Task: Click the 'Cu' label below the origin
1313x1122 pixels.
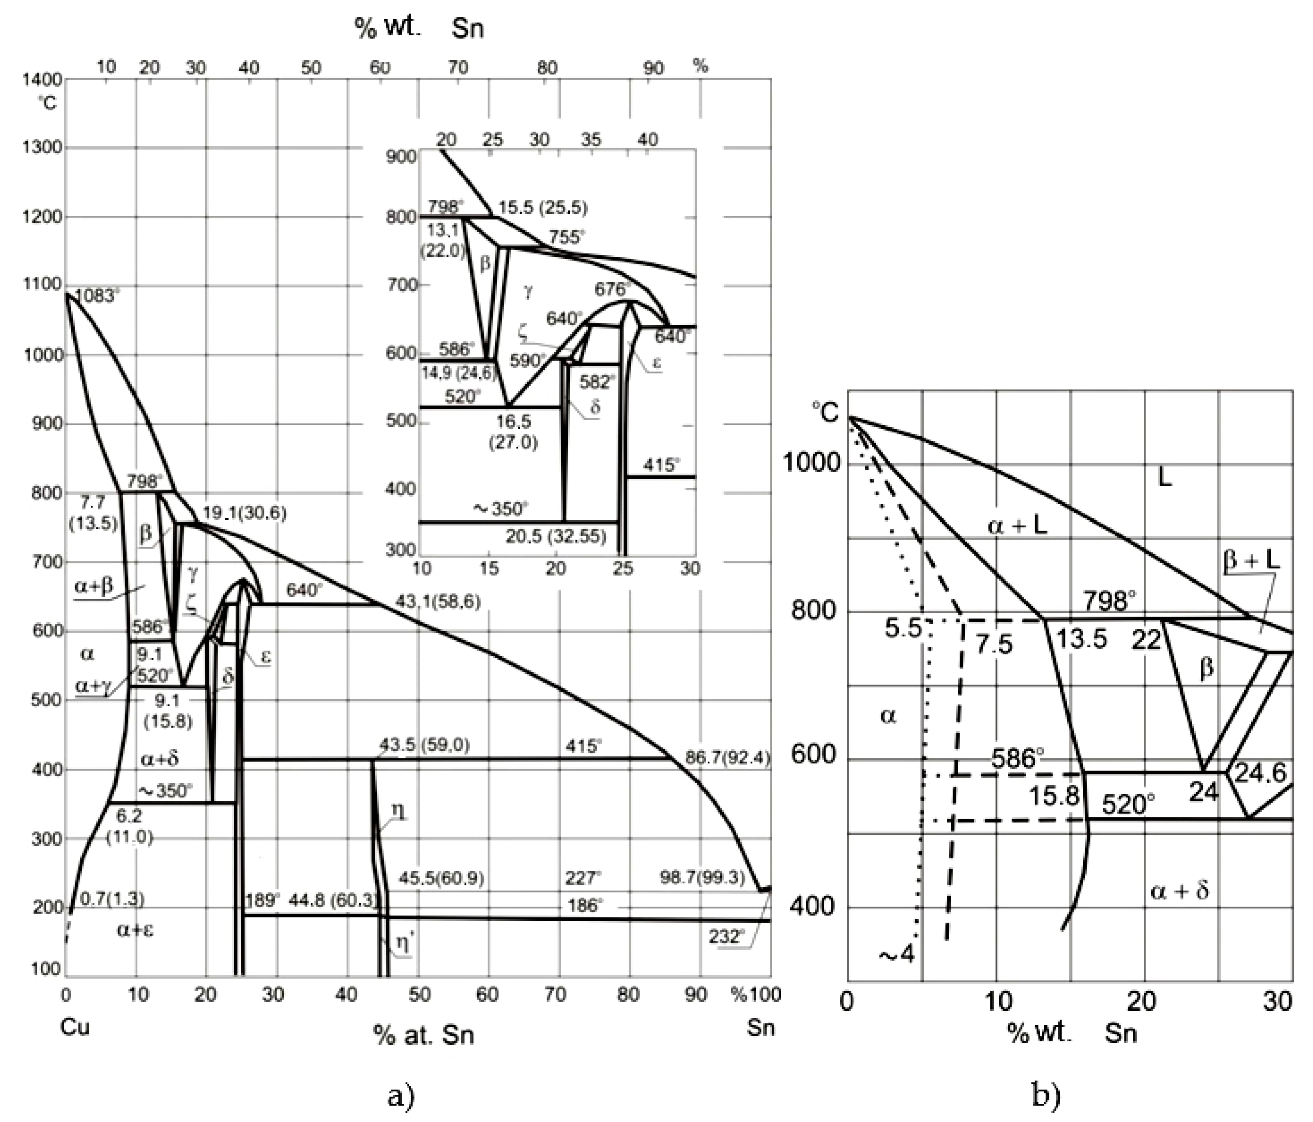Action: [75, 1027]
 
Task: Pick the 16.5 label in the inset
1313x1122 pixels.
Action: [513, 422]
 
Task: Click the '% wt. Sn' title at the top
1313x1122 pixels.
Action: [419, 28]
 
